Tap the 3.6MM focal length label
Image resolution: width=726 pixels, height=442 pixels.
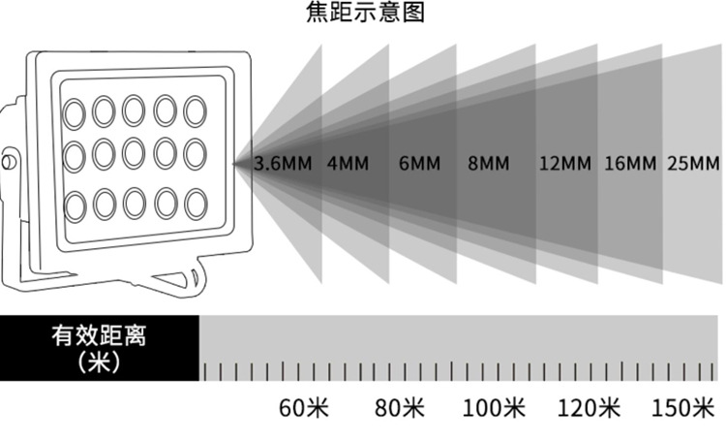282,163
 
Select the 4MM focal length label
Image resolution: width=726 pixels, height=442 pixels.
346,163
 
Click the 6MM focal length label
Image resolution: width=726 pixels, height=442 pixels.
418,163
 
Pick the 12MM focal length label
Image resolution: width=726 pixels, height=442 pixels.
563,163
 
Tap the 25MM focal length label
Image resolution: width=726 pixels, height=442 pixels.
693,163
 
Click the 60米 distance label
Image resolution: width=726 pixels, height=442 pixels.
304,408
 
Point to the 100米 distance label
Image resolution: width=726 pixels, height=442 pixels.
494,408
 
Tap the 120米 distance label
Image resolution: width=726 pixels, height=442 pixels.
590,408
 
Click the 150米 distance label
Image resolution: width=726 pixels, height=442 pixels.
683,408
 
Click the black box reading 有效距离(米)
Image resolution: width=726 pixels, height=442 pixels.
100,348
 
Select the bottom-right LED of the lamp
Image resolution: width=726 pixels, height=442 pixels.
196,204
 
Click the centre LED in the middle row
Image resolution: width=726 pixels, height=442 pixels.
135,155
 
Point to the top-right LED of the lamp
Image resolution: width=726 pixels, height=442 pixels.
195,110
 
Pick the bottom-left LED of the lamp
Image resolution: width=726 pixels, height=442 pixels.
75,205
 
